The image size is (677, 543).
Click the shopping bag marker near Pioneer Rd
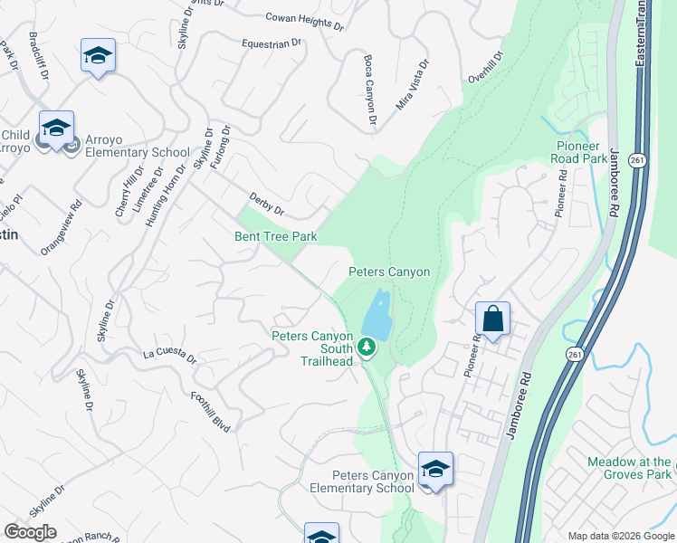click(x=492, y=319)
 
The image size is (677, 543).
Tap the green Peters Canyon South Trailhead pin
click(x=366, y=347)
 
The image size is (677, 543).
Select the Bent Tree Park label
click(x=276, y=237)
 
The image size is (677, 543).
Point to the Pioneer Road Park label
click(x=582, y=151)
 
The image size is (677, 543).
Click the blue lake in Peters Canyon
click(x=378, y=316)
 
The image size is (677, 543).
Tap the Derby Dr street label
click(x=266, y=205)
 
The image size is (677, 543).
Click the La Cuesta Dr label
click(x=169, y=354)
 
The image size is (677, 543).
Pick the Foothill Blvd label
click(x=210, y=411)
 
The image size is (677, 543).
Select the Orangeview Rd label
click(x=62, y=227)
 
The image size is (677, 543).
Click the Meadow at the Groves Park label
click(x=630, y=468)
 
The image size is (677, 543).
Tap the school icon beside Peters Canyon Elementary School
click(x=435, y=470)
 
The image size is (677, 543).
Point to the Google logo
click(x=30, y=532)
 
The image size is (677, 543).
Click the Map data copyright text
click(x=620, y=536)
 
